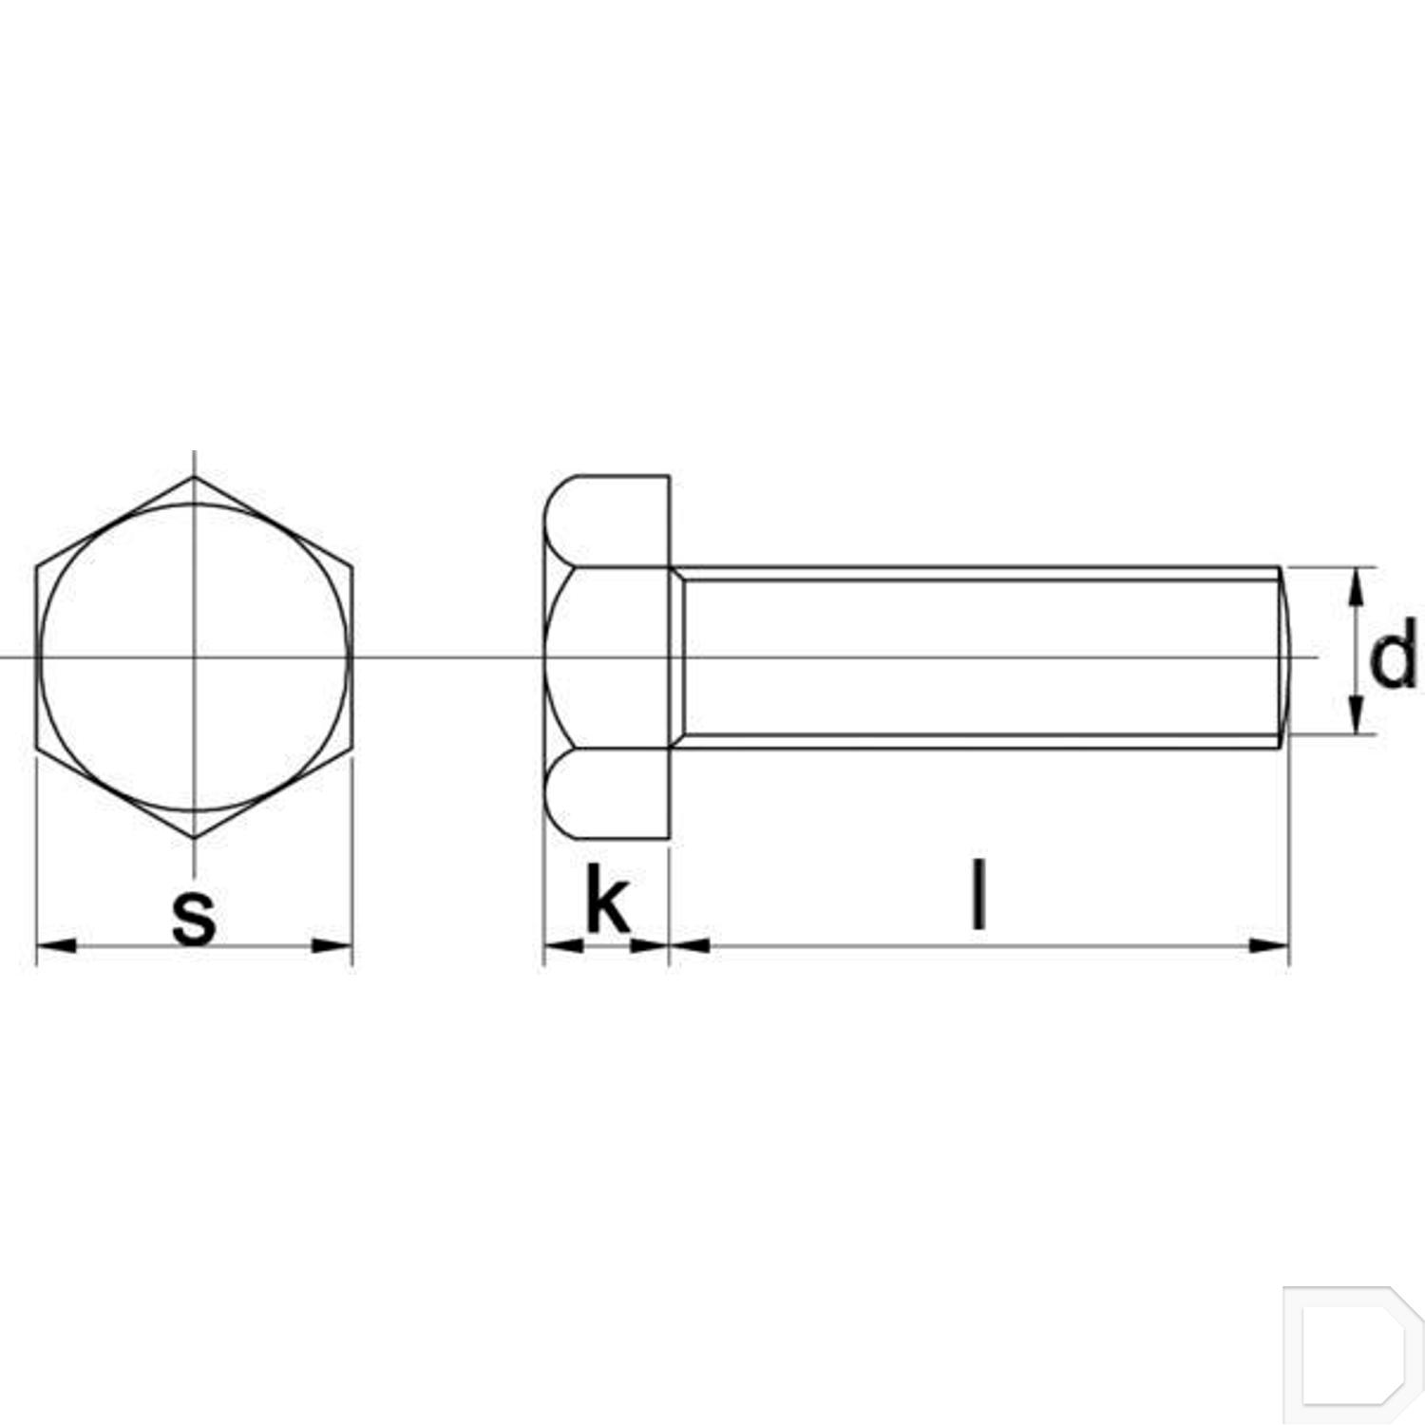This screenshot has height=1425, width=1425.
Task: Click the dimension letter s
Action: click(194, 918)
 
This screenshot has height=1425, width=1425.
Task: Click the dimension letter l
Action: click(978, 894)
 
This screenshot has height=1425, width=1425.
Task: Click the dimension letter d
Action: click(1393, 655)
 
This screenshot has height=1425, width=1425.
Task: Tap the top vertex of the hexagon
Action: click(194, 477)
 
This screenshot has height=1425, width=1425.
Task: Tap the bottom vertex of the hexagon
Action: click(194, 838)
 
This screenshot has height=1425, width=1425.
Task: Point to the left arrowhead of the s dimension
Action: click(55, 945)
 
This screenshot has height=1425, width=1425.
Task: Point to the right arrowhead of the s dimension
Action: click(333, 945)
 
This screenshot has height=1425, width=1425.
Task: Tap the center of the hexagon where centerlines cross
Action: click(194, 657)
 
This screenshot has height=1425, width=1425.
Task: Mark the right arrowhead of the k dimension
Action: click(650, 945)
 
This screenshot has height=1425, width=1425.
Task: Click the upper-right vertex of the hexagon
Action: click(352, 567)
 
